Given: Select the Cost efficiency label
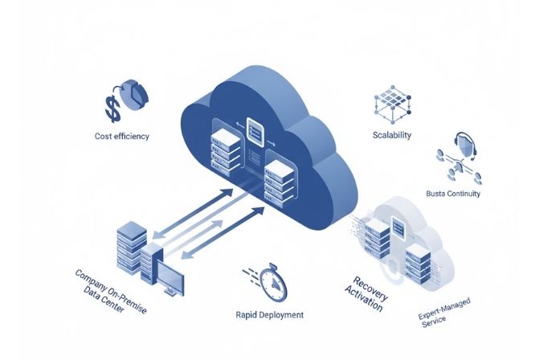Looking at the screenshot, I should [121, 137].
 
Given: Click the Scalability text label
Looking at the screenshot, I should [393, 134].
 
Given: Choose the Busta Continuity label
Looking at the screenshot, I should [453, 193].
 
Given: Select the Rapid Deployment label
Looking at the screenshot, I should [270, 315].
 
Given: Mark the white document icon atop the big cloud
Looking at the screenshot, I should [256, 129].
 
